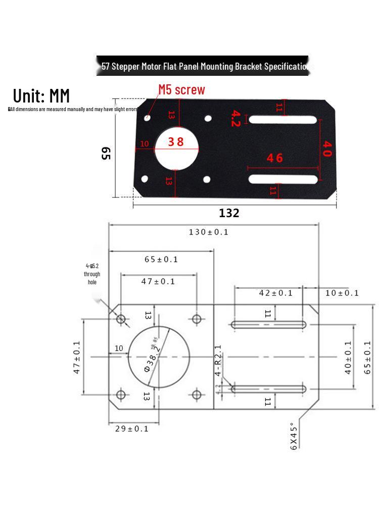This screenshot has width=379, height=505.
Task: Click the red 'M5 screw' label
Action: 181,90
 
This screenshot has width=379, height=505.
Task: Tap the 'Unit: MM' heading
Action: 41,95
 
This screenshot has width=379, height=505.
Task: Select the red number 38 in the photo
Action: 176,142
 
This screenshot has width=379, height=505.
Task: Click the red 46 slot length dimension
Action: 275,158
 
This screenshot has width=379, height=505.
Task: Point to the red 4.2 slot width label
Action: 235,118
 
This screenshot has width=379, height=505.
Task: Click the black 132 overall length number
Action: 229,213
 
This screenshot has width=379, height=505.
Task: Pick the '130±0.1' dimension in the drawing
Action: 208,232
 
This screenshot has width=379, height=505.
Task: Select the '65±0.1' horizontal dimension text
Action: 161,260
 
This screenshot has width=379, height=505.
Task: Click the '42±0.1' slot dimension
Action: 275,293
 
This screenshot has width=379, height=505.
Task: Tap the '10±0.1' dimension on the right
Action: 342,293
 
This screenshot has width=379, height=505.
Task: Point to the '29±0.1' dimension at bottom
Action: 132,429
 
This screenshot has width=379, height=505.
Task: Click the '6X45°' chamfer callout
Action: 295,435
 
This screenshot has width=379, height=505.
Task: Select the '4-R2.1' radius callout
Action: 218,361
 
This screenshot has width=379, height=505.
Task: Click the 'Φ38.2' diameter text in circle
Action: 152,360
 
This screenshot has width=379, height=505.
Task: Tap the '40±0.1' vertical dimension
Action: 348,357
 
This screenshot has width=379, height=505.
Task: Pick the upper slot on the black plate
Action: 283,120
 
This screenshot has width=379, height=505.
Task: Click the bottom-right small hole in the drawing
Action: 197,394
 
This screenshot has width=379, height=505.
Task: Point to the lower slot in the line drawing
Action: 268,389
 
